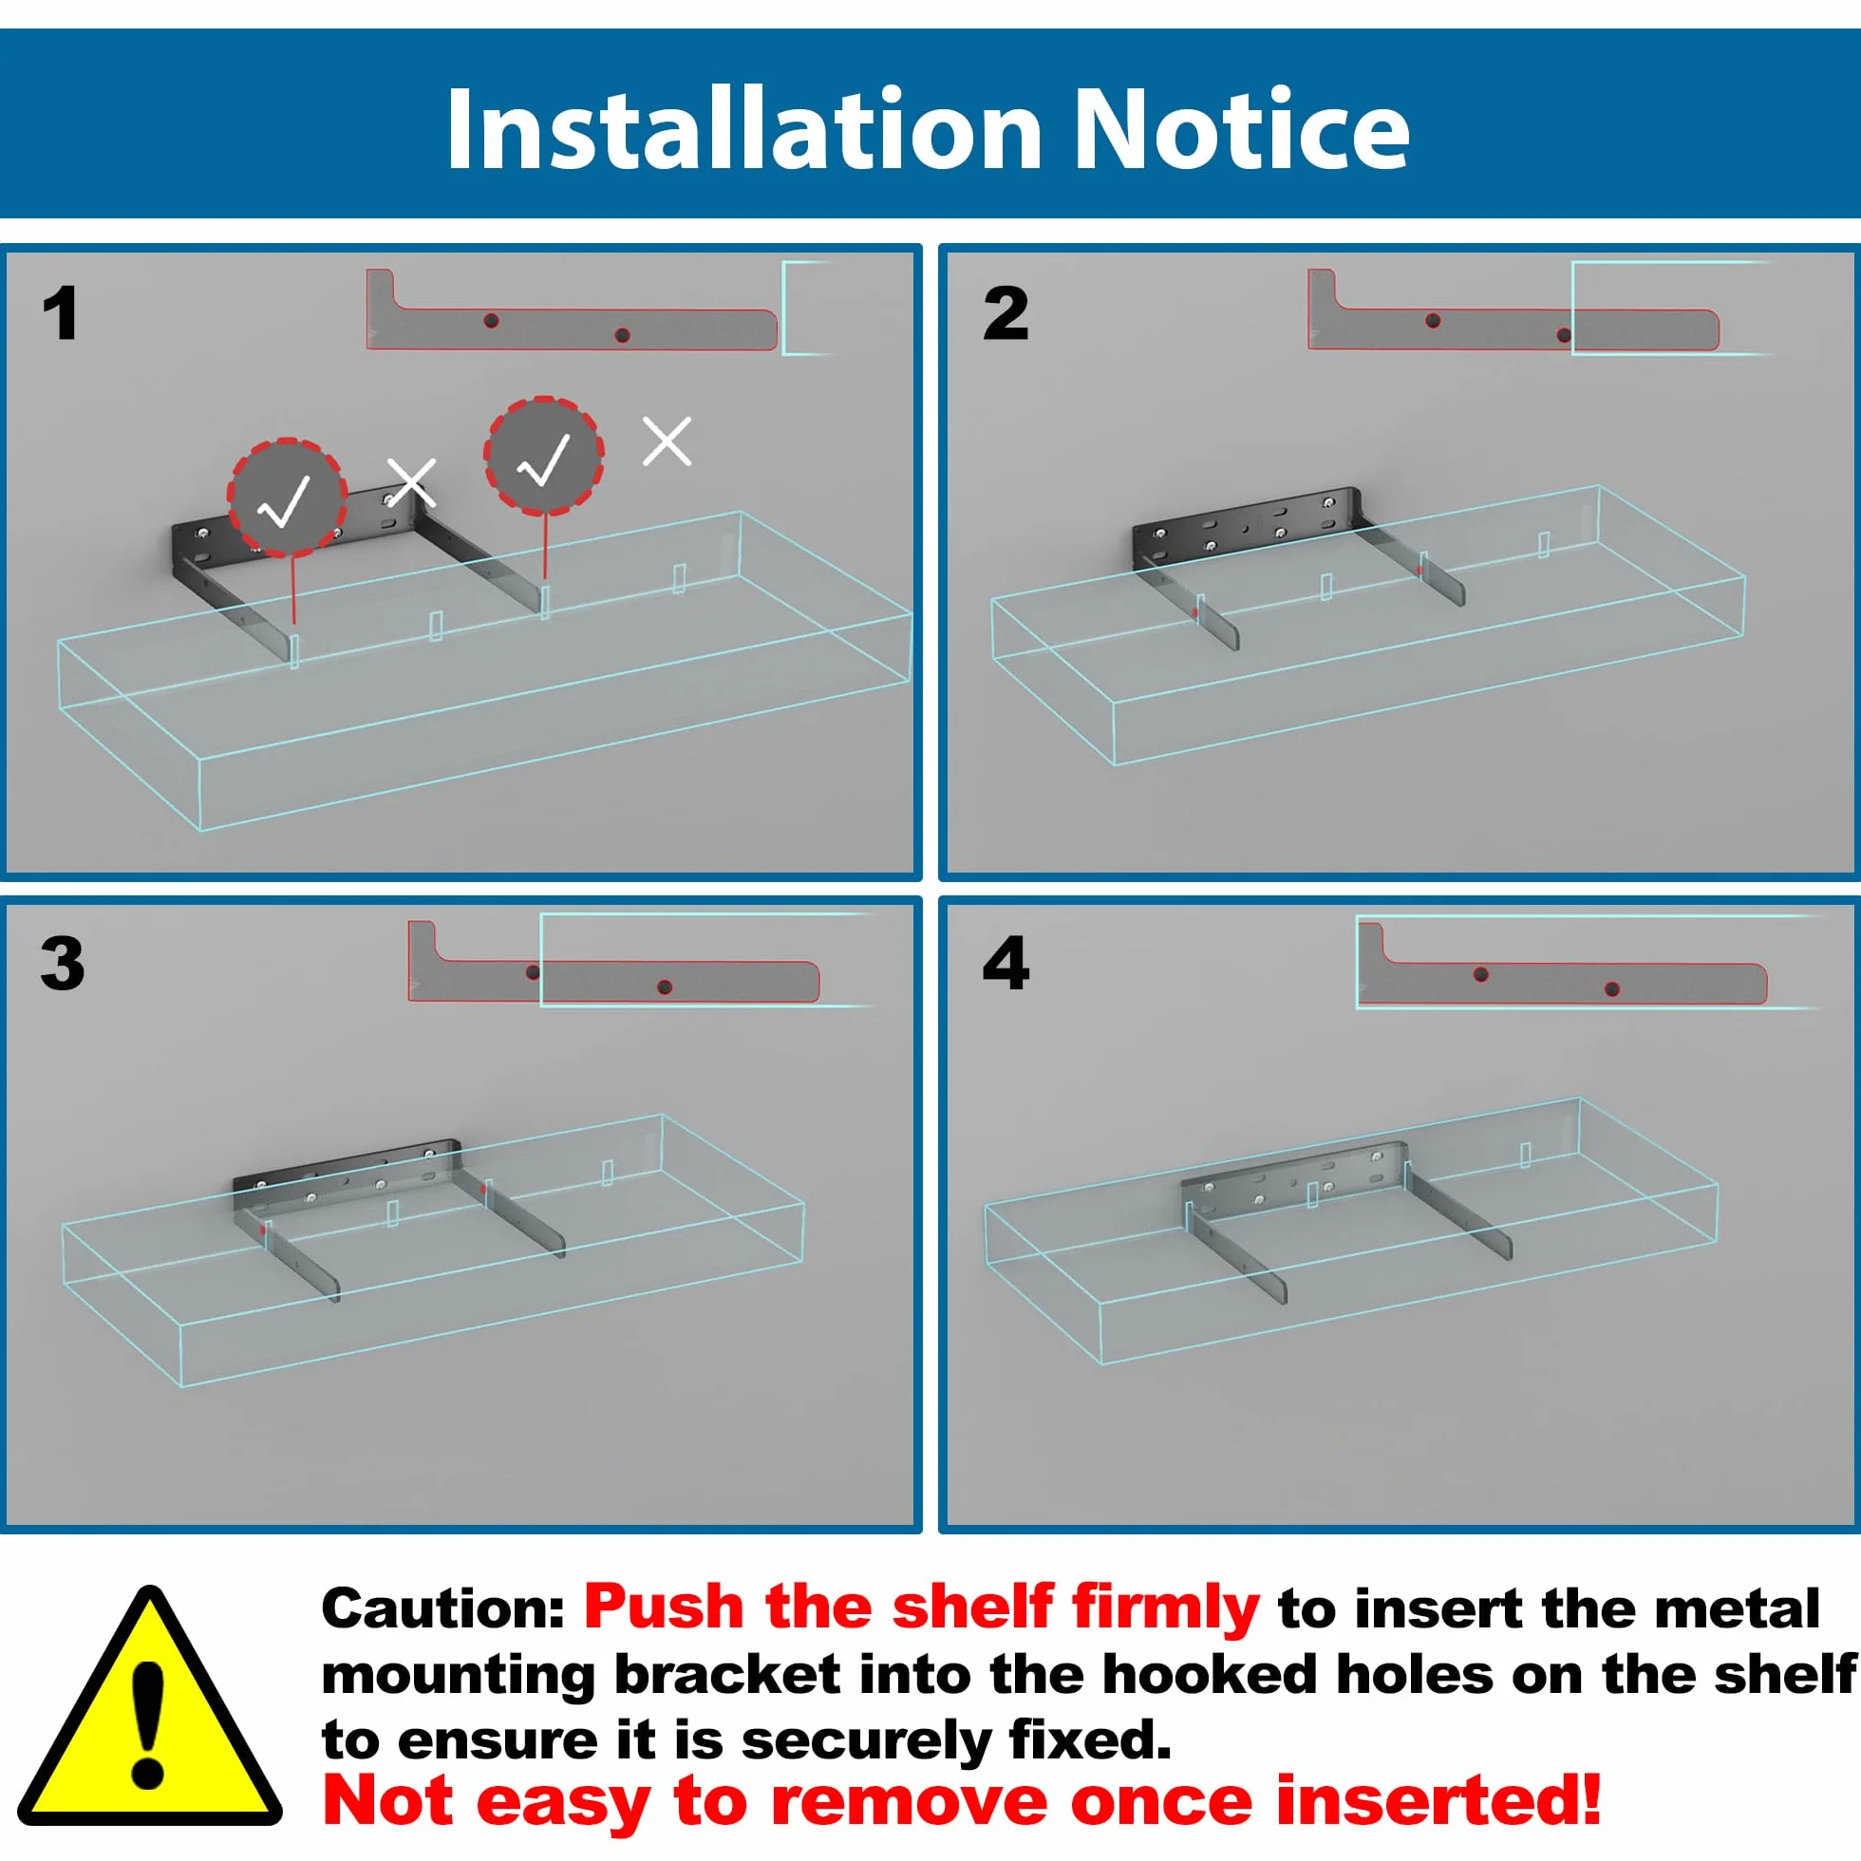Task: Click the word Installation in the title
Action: click(x=744, y=128)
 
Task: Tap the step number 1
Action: click(x=60, y=313)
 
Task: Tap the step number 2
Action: click(x=1006, y=313)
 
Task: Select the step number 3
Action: click(x=63, y=963)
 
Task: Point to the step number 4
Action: click(x=1006, y=963)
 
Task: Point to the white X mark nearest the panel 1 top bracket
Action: click(x=667, y=442)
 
